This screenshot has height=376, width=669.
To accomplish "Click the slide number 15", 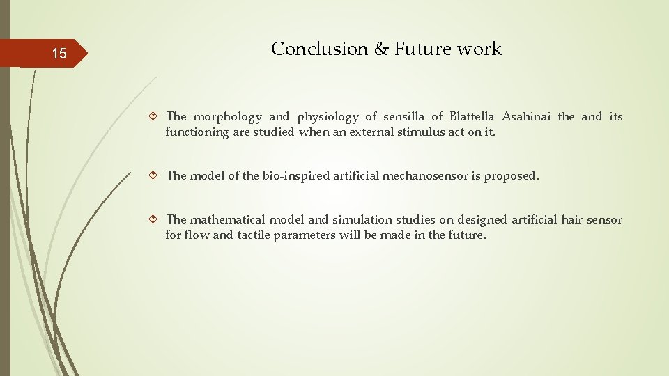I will click(60, 54).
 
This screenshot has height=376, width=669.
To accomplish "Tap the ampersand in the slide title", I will click(380, 49).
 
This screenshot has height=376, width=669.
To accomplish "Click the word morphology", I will click(227, 117).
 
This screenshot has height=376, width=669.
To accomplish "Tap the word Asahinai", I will click(525, 116).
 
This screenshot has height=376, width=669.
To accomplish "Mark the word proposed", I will click(512, 176).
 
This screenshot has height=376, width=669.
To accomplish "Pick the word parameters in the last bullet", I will click(305, 235).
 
